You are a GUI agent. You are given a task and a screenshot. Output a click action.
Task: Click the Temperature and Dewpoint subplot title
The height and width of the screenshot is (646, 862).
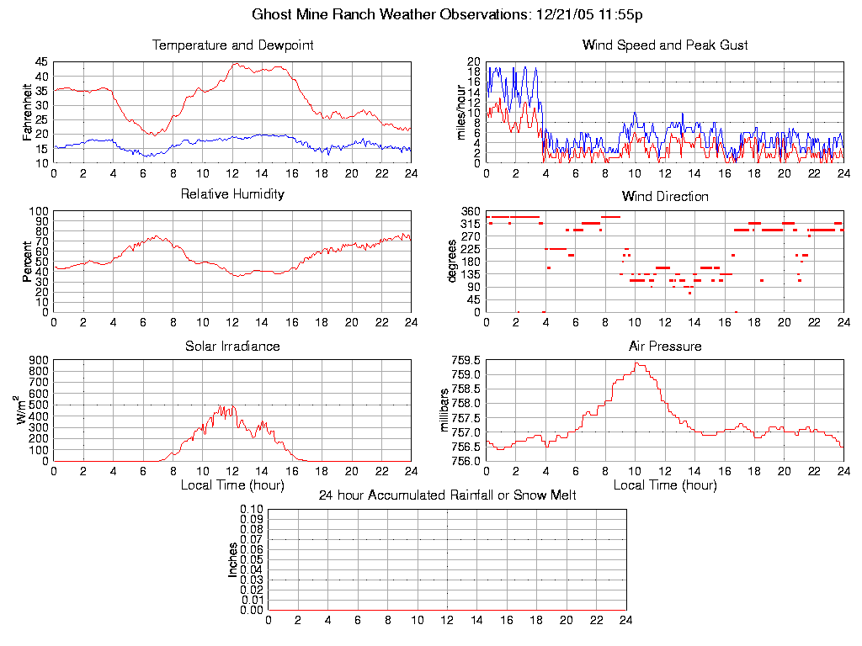tap(232, 45)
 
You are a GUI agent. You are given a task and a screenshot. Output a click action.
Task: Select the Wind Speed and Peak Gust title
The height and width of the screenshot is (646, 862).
tap(665, 45)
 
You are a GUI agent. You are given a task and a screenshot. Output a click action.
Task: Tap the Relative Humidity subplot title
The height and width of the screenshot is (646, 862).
tap(232, 194)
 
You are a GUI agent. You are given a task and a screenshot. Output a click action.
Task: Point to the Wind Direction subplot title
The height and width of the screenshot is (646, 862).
tap(665, 197)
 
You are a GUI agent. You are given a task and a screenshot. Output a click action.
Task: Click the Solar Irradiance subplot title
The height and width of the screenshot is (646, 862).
tap(232, 347)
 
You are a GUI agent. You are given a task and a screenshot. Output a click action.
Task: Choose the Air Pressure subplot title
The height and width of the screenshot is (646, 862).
tap(665, 347)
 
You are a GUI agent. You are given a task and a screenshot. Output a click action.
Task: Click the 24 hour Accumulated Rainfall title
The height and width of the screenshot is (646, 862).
tap(447, 495)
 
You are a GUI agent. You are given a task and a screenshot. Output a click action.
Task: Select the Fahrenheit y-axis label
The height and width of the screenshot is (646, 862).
tap(28, 113)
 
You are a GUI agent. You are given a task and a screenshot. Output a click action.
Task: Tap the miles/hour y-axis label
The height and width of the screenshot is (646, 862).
tap(460, 113)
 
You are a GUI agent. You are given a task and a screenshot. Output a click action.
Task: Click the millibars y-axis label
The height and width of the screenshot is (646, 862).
tap(446, 410)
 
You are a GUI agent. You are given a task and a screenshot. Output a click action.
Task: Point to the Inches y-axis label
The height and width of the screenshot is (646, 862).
tap(233, 559)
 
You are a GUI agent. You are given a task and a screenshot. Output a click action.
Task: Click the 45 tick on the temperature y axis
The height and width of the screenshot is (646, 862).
tap(40, 62)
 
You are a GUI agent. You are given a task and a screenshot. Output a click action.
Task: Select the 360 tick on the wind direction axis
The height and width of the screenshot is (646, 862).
tap(471, 211)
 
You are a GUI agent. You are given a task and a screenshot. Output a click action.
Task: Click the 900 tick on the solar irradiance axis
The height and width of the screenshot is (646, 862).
tap(39, 360)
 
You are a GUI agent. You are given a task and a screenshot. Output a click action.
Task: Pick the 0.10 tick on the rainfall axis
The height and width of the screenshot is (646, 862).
tap(252, 510)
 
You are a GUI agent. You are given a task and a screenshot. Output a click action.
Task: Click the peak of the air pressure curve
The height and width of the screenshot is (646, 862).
tap(638, 363)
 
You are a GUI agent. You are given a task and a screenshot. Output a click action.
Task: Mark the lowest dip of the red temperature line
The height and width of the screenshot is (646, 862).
tap(152, 135)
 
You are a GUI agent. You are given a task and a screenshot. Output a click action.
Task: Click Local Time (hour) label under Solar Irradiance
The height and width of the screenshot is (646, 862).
tap(232, 485)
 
